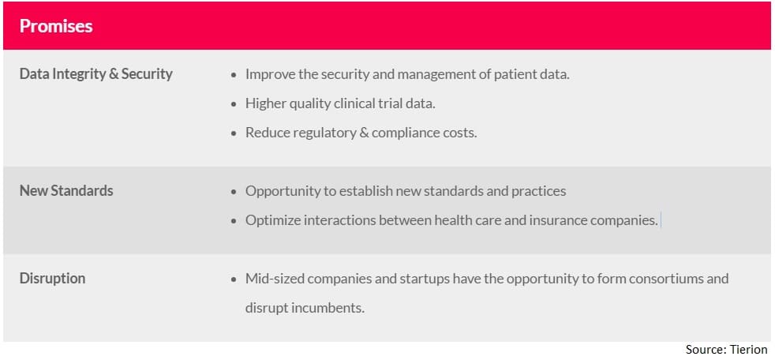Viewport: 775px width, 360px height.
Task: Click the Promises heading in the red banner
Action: [56, 26]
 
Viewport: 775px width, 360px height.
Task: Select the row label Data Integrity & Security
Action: [95, 74]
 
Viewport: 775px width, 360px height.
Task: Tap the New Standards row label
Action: [66, 190]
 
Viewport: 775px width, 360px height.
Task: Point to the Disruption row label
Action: [52, 279]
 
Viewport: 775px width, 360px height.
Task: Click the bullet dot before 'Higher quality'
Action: [234, 105]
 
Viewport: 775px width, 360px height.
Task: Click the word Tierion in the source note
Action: [749, 349]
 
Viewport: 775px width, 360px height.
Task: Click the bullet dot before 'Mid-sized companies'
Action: [234, 279]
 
